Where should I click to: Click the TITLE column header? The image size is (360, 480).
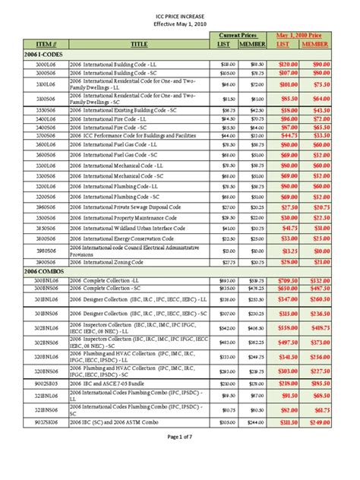(x=138, y=46)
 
